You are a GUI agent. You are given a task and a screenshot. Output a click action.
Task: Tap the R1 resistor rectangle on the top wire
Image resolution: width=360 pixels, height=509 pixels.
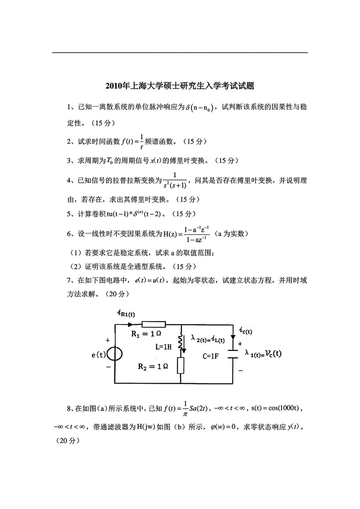coord(154,325)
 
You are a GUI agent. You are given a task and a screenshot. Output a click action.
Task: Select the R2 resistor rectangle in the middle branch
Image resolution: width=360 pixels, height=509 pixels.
coord(181,365)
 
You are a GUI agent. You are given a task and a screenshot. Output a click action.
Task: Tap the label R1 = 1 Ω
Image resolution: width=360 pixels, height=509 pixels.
coord(146,334)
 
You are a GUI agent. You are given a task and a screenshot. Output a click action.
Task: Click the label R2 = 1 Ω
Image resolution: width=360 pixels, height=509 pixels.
coord(153,367)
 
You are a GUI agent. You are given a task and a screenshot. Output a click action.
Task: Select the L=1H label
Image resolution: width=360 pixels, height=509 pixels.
coord(163,347)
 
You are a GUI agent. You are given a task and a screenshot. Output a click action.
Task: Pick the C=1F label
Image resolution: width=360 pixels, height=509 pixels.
coord(211,356)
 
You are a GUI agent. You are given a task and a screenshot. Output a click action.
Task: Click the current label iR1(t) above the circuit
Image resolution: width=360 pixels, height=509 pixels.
coord(126,314)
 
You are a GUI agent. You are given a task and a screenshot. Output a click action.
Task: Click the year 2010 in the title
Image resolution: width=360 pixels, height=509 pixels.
coord(113,86)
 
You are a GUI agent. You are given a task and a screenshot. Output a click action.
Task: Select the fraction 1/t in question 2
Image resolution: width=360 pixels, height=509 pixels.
coord(142,142)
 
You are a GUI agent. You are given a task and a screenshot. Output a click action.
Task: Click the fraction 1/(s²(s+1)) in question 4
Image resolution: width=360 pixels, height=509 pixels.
coord(175,181)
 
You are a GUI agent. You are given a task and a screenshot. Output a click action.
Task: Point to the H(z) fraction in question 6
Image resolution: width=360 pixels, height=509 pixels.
coord(197,234)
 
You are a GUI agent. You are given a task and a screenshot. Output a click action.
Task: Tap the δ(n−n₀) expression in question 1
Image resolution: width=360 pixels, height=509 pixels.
coord(200,107)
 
